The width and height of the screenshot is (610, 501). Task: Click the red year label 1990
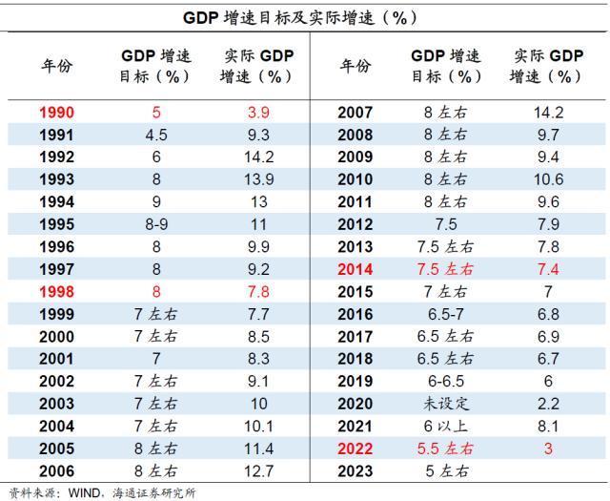click(56, 113)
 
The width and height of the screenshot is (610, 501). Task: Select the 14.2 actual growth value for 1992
click(258, 157)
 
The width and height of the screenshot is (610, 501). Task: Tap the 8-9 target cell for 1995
click(156, 224)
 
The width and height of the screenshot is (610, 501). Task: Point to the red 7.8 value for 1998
click(258, 292)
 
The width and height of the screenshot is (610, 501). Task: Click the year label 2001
click(56, 359)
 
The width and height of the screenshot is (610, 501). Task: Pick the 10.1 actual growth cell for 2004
click(258, 427)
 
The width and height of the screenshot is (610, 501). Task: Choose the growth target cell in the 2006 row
click(156, 471)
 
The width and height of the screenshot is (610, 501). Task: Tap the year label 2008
click(356, 135)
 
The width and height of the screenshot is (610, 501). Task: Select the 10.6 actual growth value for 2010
click(549, 179)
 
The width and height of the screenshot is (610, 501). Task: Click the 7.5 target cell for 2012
click(446, 224)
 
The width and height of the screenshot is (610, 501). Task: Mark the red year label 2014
click(356, 269)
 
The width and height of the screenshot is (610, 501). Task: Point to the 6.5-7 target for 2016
click(446, 314)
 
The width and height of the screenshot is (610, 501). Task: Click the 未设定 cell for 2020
click(446, 404)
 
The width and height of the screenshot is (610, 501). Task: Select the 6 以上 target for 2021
click(446, 427)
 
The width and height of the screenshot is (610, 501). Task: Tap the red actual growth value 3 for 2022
click(549, 449)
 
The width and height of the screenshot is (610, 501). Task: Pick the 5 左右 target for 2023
click(447, 471)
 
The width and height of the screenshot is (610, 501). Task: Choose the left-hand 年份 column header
click(57, 66)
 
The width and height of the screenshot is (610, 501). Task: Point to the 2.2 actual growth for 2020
click(549, 404)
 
